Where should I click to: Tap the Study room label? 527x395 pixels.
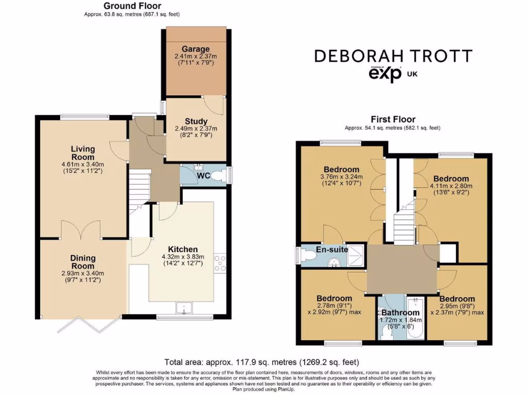(x=196, y=122)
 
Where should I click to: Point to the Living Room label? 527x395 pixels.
(x=83, y=153)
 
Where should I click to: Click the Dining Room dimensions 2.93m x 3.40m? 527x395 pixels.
(x=83, y=273)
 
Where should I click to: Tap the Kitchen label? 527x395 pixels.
(x=183, y=249)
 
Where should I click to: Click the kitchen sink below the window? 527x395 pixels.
(x=183, y=308)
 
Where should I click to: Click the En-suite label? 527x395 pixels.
(x=331, y=249)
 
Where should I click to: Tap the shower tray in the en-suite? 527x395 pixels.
(x=356, y=256)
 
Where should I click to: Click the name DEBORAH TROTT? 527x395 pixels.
(x=393, y=56)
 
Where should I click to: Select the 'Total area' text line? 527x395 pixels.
(x=261, y=362)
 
